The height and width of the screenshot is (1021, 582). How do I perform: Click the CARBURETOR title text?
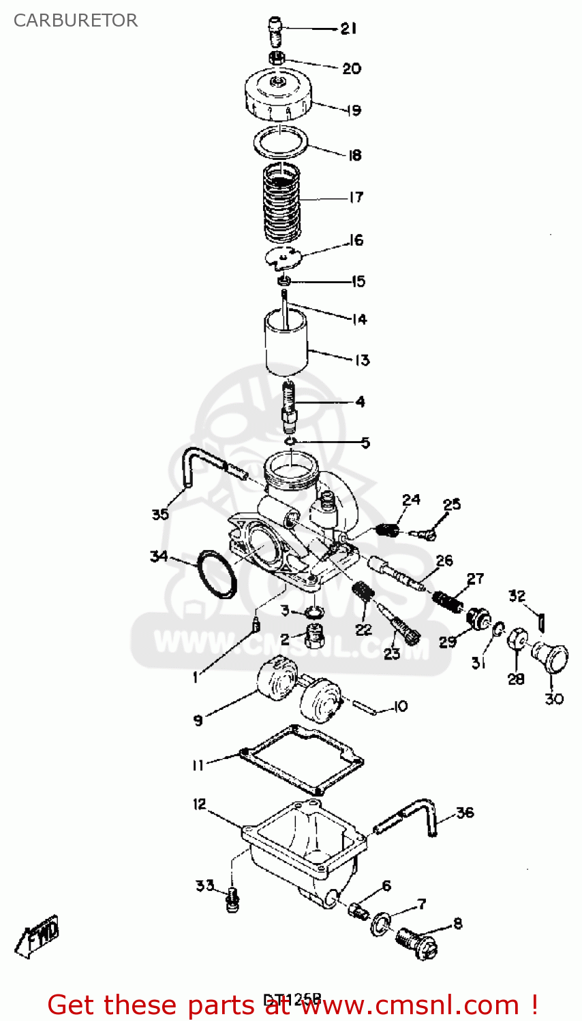(76, 20)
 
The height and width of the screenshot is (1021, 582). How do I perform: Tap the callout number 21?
(348, 29)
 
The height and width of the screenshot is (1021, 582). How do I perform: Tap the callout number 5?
(365, 443)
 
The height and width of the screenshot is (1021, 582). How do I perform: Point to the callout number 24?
(411, 500)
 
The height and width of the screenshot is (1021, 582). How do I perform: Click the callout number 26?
(444, 561)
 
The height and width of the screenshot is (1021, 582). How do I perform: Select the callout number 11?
(198, 765)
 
